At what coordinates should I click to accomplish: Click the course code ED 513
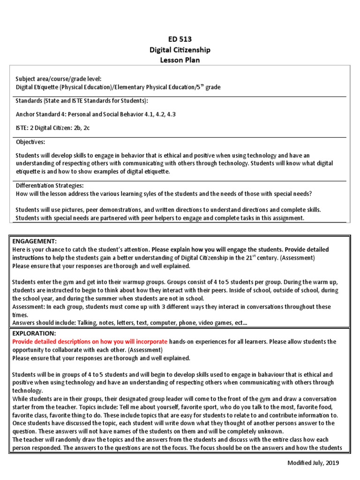pos(180,39)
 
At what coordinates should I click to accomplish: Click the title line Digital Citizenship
pos(180,50)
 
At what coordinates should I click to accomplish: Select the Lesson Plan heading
pos(180,60)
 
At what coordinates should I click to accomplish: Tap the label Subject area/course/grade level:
pos(58,79)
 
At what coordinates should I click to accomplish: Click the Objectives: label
pos(30,142)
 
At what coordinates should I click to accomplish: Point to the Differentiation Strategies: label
pos(50,186)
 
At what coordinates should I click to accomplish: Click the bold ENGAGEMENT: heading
pos(34,241)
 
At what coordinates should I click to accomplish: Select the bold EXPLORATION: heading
pos(34,333)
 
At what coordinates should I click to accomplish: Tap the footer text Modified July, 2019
pos(313,463)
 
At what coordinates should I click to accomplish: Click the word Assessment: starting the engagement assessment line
pos(29,307)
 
